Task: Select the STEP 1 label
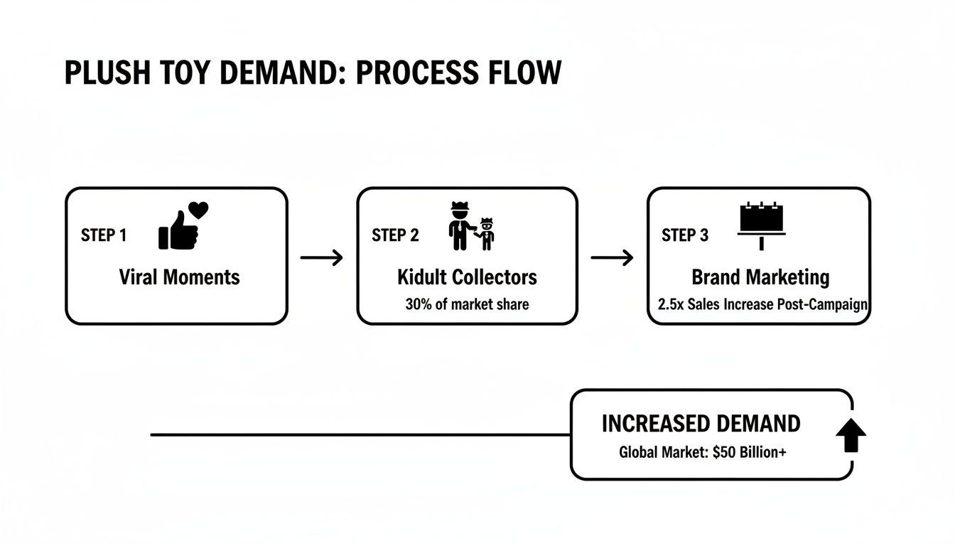tap(104, 235)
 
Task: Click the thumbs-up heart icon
tap(183, 225)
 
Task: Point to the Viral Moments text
tap(179, 277)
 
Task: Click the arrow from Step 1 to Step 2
tap(321, 257)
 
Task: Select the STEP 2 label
tap(395, 235)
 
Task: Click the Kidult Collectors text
tap(467, 277)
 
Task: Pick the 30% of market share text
tap(467, 304)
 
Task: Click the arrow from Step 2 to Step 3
tap(612, 257)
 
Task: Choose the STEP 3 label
tap(685, 235)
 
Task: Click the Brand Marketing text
tap(760, 277)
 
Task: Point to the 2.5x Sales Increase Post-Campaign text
tap(759, 304)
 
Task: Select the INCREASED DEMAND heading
tap(701, 424)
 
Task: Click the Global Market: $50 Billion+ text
tap(702, 452)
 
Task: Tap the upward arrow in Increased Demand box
tap(851, 435)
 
